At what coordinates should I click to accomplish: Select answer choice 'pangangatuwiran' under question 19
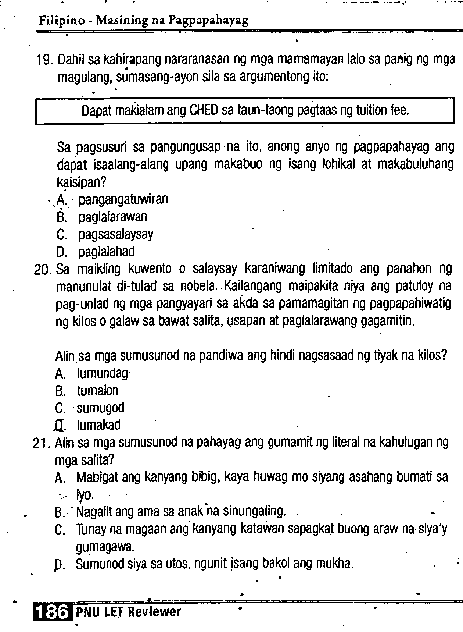[123, 199]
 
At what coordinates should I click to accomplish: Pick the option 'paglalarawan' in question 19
[112, 217]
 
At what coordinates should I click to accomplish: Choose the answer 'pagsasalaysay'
[115, 234]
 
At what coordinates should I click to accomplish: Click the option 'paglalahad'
[106, 252]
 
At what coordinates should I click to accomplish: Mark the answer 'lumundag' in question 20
[103, 374]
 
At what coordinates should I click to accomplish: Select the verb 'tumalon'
[98, 391]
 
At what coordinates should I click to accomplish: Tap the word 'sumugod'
[101, 408]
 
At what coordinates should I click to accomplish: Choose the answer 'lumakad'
[98, 425]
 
